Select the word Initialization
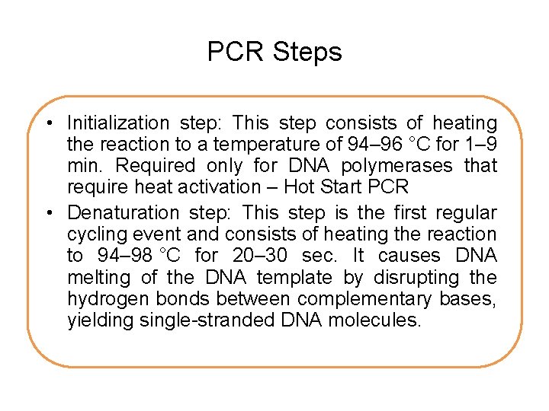pyautogui.click(x=118, y=123)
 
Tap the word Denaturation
pyautogui.click(x=118, y=213)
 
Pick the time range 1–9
pyautogui.click(x=480, y=145)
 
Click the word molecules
pyautogui.click(x=374, y=320)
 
